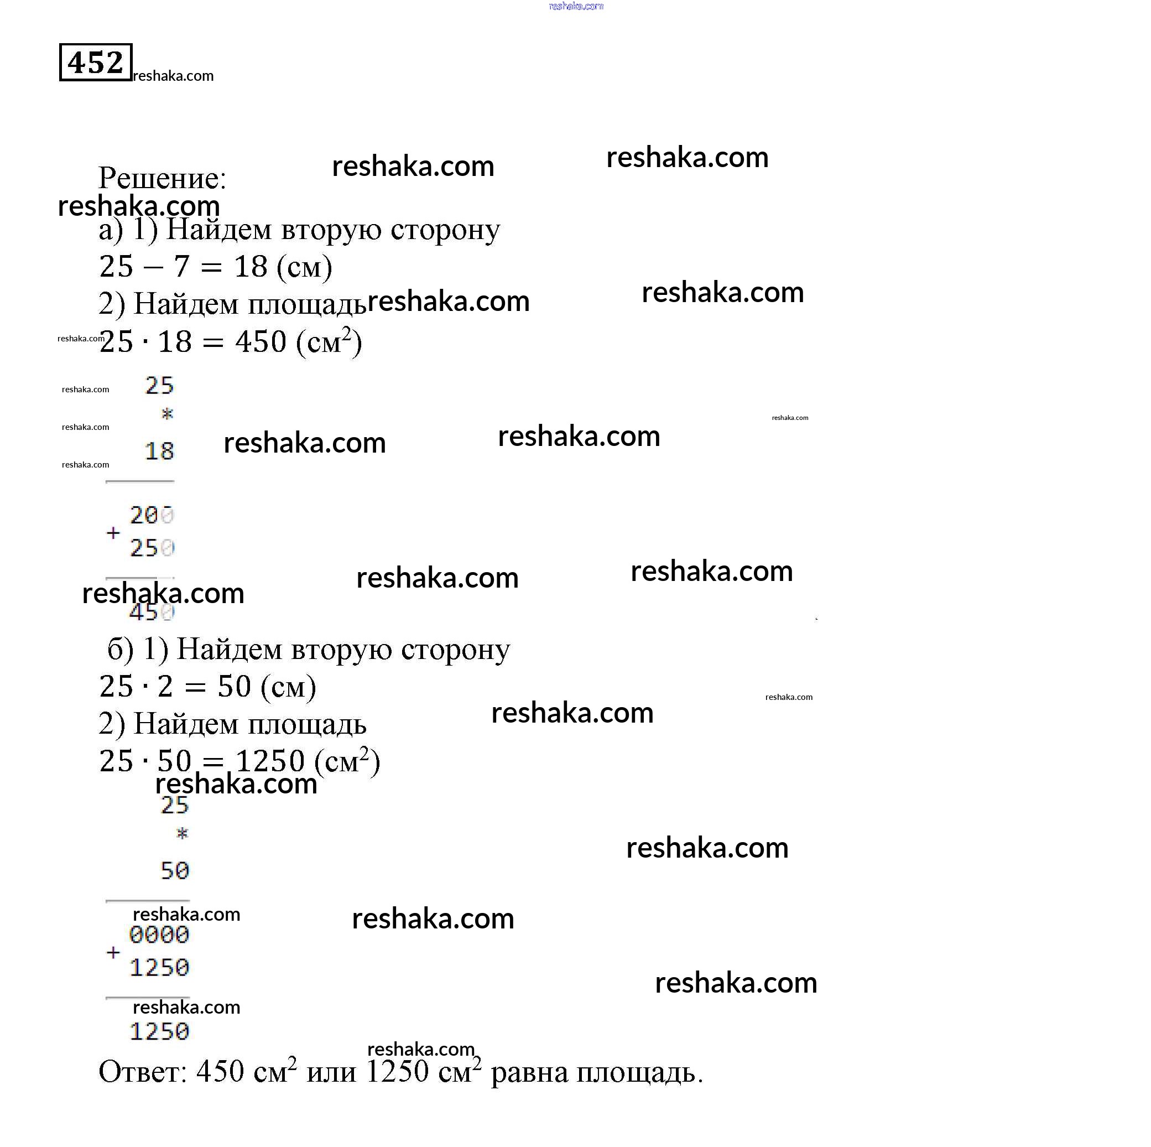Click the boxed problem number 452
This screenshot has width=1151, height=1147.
click(x=95, y=62)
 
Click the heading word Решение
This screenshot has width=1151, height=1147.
click(x=162, y=178)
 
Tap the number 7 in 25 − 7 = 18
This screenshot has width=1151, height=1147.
click(x=181, y=266)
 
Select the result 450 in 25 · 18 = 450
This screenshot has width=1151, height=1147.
click(x=261, y=342)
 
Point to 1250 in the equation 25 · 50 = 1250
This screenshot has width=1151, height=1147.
click(x=270, y=761)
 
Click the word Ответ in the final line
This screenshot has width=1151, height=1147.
click(x=142, y=1072)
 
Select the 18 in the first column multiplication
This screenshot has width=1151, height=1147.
click(x=159, y=451)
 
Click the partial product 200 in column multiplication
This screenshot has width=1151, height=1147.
click(x=152, y=515)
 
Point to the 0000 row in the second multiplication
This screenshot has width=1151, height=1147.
click(x=159, y=935)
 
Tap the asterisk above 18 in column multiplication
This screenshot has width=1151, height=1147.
click(x=168, y=413)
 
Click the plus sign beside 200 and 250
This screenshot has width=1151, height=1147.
click(x=113, y=533)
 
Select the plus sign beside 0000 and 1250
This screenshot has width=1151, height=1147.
click(x=113, y=952)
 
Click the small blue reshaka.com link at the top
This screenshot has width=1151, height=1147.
click(x=575, y=6)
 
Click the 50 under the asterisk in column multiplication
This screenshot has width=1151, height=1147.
click(x=175, y=871)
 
